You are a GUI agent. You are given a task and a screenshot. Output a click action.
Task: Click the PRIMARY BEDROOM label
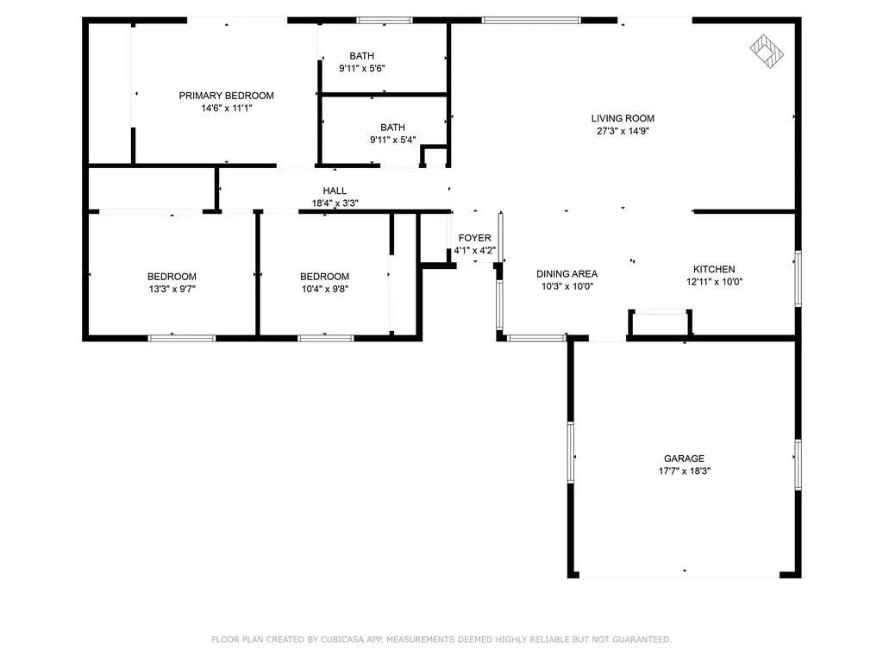(227, 96)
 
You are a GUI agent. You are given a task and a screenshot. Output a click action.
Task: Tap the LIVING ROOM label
(623, 118)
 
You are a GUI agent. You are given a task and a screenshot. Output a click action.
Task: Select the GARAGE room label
(684, 459)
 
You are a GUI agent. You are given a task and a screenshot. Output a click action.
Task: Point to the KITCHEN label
(714, 269)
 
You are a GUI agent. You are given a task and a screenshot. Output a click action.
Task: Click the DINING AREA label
(567, 273)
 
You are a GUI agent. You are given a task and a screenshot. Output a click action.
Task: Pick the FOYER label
(475, 238)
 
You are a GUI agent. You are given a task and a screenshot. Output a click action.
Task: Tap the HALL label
(335, 190)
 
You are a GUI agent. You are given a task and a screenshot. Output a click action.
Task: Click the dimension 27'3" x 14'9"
(623, 131)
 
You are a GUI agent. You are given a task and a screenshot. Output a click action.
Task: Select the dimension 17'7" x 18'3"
(684, 472)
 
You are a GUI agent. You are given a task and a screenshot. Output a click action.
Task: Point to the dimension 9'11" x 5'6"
(361, 69)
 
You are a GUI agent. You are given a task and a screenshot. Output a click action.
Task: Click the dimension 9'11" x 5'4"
(392, 141)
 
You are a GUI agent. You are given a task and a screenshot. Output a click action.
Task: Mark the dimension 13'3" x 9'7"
(172, 290)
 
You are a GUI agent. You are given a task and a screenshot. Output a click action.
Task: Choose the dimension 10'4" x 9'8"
(324, 290)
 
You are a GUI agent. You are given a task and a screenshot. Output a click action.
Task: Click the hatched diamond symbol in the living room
(767, 51)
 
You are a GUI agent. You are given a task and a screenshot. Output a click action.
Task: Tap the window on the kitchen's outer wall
(798, 278)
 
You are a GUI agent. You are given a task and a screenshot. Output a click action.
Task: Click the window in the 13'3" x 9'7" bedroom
(182, 338)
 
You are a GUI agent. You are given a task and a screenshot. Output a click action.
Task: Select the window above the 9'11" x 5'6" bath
(384, 21)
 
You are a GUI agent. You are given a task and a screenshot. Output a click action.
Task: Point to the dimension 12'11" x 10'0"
(714, 282)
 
